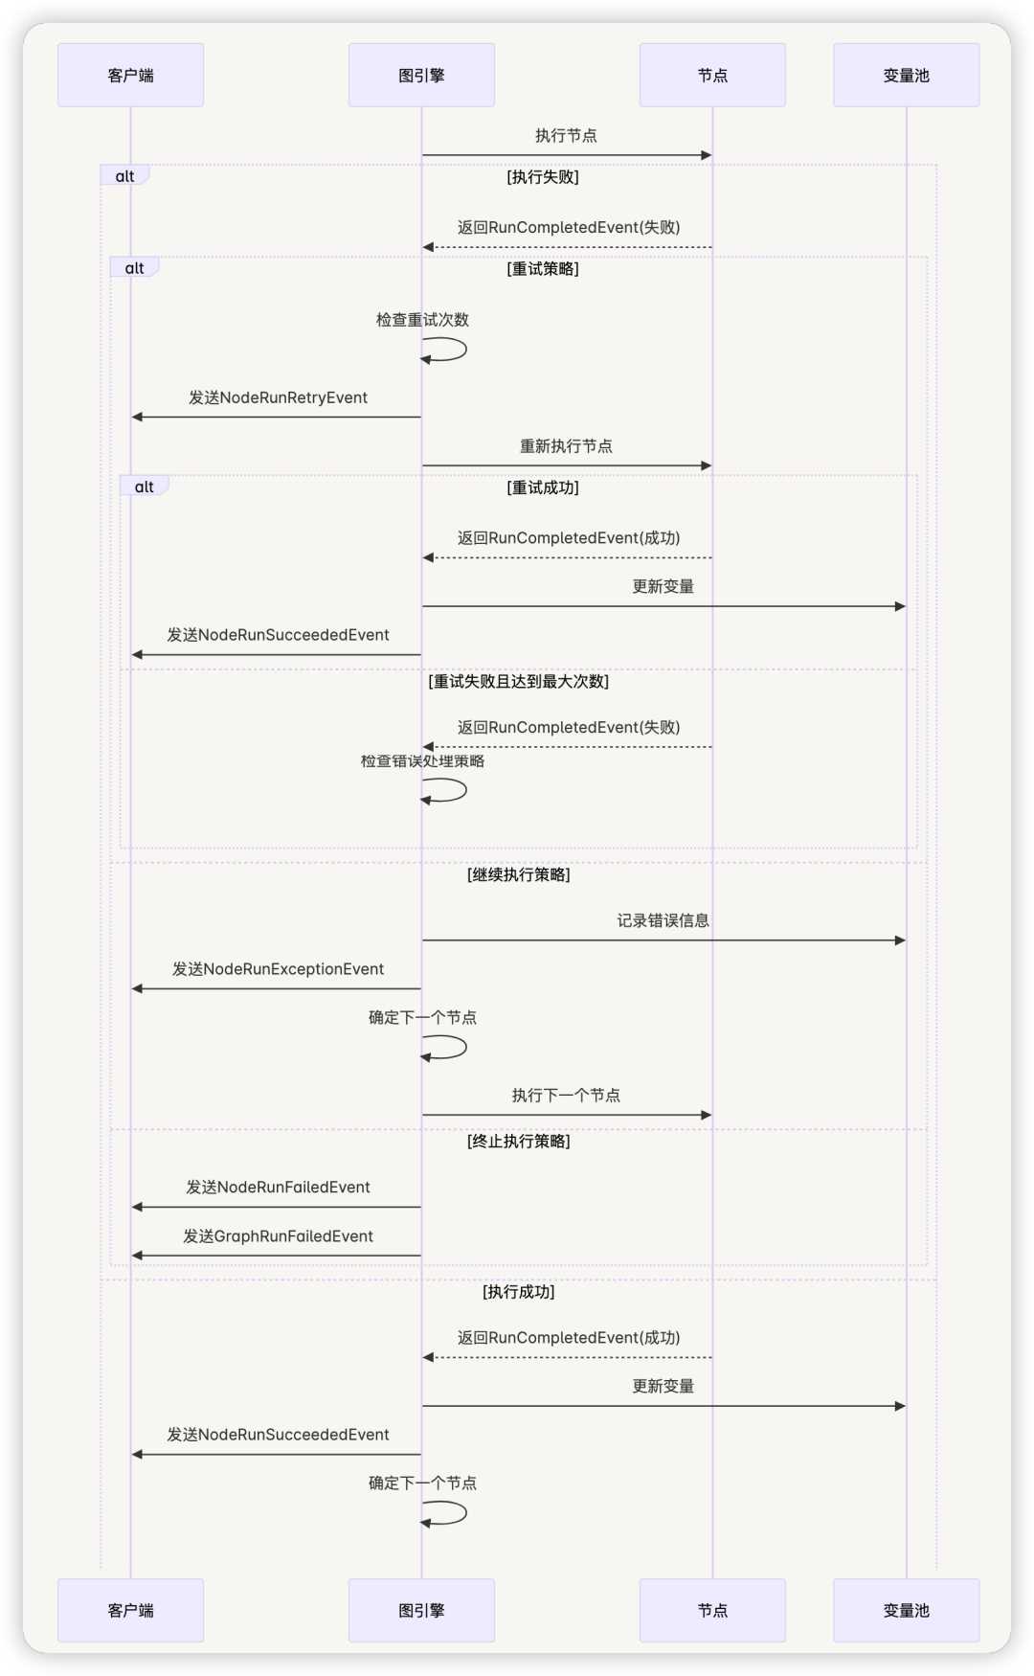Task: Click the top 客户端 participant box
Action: point(130,75)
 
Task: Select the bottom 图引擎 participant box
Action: point(421,1610)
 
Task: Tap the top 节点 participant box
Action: point(712,75)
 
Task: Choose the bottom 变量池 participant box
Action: point(907,1610)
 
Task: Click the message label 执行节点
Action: point(566,136)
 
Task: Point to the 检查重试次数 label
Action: point(422,320)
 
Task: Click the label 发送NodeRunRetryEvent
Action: point(278,397)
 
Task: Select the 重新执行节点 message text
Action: point(566,446)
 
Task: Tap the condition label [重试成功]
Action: point(543,487)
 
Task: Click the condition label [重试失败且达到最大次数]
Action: point(518,682)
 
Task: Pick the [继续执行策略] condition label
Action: point(518,875)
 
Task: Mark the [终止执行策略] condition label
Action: point(518,1142)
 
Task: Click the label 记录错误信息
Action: point(663,921)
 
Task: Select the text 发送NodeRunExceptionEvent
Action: point(278,969)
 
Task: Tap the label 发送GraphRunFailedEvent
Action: point(278,1236)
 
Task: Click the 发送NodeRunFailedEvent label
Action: point(278,1188)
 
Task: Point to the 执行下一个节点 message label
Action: point(566,1096)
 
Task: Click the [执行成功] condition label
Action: point(518,1292)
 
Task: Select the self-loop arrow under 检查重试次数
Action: point(465,350)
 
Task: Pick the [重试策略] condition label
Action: point(543,269)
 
